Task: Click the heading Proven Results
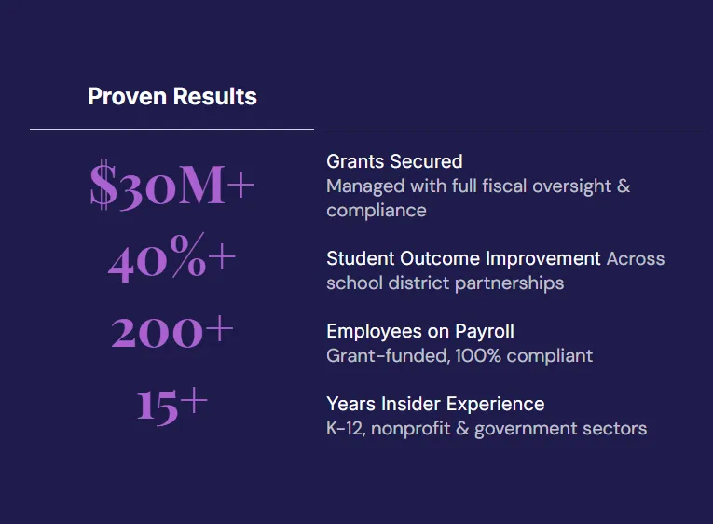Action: [172, 96]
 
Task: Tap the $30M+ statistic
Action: [171, 185]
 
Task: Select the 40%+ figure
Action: [171, 257]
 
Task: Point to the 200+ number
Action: [171, 331]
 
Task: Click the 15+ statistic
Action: [171, 406]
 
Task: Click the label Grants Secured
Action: [394, 161]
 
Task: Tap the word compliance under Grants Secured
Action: [377, 211]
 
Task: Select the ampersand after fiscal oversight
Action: [624, 186]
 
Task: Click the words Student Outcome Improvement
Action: [463, 259]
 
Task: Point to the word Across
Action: [636, 259]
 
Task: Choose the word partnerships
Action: [509, 283]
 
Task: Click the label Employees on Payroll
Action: [420, 332]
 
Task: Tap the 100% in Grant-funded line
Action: [478, 355]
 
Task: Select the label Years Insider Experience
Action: [435, 404]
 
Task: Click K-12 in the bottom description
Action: [346, 429]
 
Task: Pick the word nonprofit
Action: [411, 429]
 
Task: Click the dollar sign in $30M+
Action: [103, 185]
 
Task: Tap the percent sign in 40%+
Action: [188, 255]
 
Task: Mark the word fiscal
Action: [504, 186]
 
